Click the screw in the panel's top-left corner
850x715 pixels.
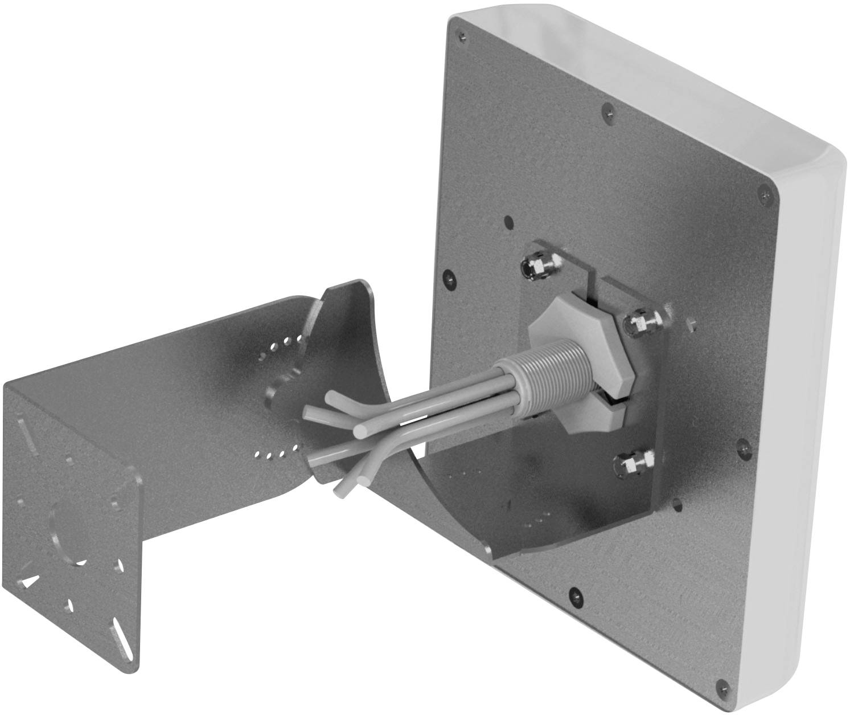pos(462,35)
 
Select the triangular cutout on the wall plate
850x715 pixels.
pos(30,581)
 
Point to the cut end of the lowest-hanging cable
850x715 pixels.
pos(339,490)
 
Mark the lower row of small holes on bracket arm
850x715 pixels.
pos(276,454)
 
